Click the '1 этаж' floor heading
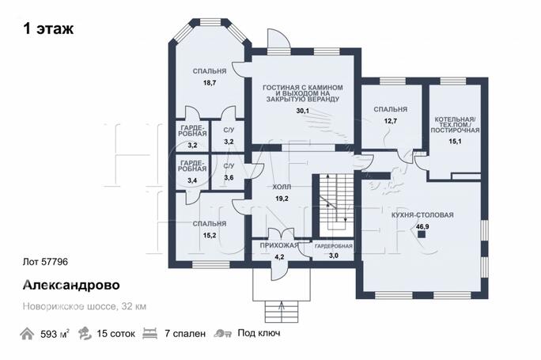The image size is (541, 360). pyautogui.click(x=48, y=28)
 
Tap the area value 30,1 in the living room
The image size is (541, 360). pyautogui.click(x=303, y=111)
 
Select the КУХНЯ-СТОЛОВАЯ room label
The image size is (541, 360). pyautogui.click(x=422, y=215)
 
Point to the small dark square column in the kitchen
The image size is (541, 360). pyautogui.click(x=422, y=235)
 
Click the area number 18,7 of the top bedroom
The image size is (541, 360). pyautogui.click(x=210, y=83)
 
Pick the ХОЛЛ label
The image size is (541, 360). pyautogui.click(x=282, y=187)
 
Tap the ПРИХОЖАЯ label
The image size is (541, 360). pyautogui.click(x=279, y=245)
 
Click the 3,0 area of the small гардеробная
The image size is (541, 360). pyautogui.click(x=333, y=256)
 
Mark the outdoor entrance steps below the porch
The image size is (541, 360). pyautogui.click(x=282, y=312)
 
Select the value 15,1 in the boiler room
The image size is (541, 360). pyautogui.click(x=455, y=141)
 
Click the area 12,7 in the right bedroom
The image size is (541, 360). pyautogui.click(x=391, y=121)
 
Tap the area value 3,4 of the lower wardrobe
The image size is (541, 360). pyautogui.click(x=192, y=180)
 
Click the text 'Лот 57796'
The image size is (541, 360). pyautogui.click(x=45, y=262)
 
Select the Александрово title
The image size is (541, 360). pyautogui.click(x=71, y=285)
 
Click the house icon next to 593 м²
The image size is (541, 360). pyautogui.click(x=27, y=334)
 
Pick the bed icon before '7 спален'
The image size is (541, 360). pyautogui.click(x=150, y=334)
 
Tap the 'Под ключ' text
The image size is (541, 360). pyautogui.click(x=259, y=333)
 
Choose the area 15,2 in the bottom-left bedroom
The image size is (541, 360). pyautogui.click(x=210, y=236)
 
